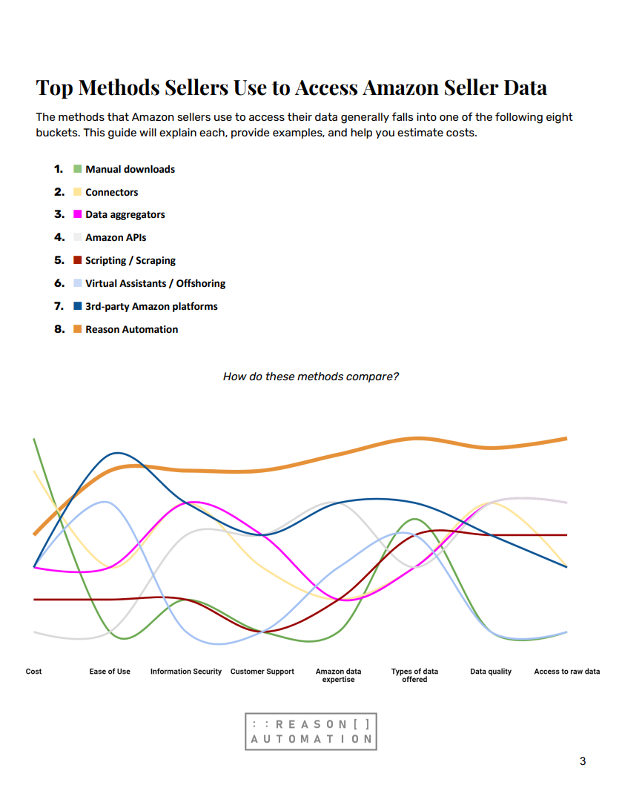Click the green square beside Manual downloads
point(77,169)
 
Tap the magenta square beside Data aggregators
point(77,214)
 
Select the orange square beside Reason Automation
point(77,329)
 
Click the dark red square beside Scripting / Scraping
point(77,260)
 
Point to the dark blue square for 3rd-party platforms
point(77,306)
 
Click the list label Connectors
point(111,192)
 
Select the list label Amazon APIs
point(116,238)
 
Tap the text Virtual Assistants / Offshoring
point(155,283)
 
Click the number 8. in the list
point(59,329)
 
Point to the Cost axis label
point(33,672)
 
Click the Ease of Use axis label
point(110,672)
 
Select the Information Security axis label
point(185,672)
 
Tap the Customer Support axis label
point(262,672)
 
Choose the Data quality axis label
point(491,672)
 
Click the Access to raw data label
point(567,672)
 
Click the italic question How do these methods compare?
point(311,377)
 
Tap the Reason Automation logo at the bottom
point(311,732)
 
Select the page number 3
point(583,761)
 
